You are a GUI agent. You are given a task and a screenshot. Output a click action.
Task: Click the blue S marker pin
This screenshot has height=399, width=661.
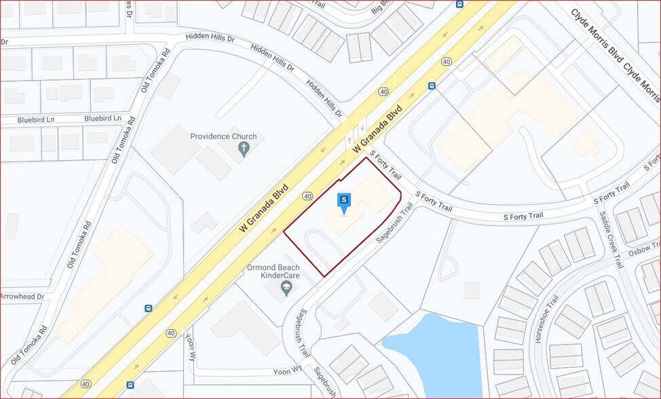344,201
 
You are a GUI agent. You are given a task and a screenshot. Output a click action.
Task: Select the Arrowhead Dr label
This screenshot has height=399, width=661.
22,297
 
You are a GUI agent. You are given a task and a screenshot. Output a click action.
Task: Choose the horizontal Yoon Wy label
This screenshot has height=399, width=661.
288,370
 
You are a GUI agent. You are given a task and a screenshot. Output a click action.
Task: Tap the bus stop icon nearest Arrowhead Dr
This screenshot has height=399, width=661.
148,308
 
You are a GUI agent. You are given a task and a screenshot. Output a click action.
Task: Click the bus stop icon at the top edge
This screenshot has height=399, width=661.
459,3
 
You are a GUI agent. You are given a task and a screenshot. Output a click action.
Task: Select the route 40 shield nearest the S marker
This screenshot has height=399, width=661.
307,196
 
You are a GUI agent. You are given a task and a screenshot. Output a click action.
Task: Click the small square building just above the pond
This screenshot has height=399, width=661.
471,290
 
